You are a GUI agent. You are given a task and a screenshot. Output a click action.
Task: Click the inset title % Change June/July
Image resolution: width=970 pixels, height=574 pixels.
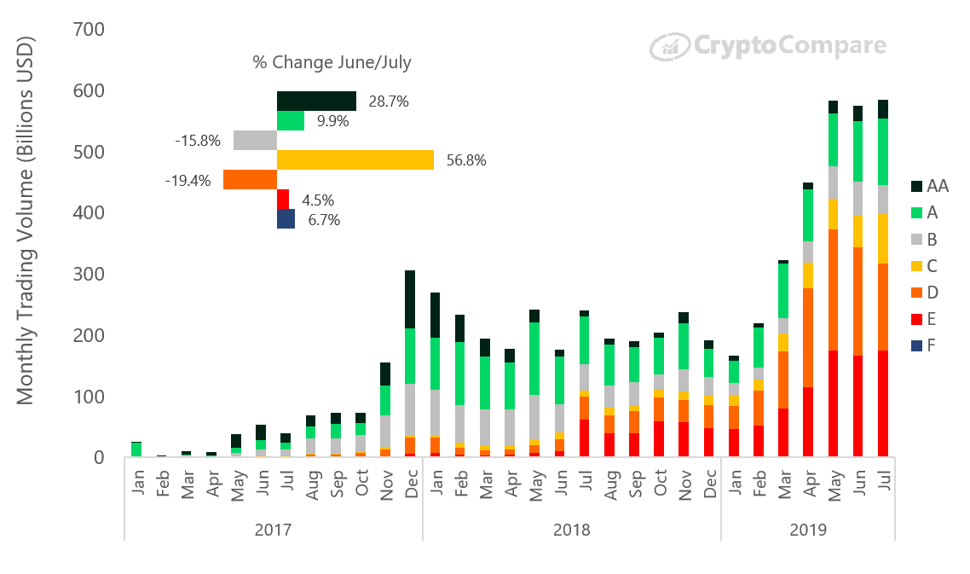click(x=332, y=62)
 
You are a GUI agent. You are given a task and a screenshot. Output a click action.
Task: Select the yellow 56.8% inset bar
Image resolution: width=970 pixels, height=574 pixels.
click(x=355, y=159)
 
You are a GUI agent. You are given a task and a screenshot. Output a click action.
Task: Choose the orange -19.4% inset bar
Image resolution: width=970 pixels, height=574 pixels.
click(x=250, y=179)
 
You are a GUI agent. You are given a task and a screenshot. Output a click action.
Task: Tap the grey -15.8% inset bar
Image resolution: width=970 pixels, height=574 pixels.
click(x=255, y=140)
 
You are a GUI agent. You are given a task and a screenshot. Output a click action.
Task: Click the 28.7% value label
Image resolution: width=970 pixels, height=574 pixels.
click(x=389, y=101)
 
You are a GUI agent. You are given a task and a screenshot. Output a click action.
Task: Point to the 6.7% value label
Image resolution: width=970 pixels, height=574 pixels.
click(x=323, y=220)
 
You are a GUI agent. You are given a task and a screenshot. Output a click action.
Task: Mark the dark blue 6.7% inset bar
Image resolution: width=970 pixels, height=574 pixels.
click(x=286, y=219)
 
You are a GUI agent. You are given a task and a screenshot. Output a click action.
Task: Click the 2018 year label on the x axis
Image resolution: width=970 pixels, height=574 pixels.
click(x=571, y=530)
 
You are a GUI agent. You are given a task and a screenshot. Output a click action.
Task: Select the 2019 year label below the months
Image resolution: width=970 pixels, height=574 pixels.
click(x=807, y=530)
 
